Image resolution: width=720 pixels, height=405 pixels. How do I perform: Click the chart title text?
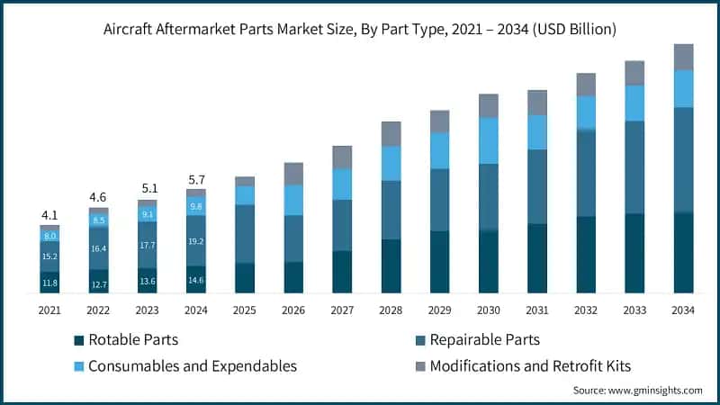click(360, 30)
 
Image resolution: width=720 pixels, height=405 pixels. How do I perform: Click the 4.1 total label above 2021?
click(49, 215)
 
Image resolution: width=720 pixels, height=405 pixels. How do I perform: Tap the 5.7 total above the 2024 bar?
click(195, 179)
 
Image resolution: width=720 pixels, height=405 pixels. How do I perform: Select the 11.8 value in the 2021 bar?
click(49, 283)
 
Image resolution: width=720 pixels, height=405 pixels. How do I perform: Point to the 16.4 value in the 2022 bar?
click(98, 248)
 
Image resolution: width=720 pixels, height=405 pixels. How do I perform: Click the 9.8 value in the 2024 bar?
click(195, 205)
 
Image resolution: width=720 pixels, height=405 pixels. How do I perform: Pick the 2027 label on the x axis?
click(341, 310)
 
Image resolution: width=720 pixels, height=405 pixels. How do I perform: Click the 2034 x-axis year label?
click(683, 310)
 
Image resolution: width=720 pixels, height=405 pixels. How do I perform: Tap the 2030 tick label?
click(488, 310)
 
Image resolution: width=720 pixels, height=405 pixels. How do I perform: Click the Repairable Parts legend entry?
click(484, 340)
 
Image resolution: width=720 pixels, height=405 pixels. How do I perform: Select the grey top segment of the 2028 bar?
click(391, 133)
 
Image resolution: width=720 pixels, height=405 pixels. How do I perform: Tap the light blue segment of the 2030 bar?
click(488, 140)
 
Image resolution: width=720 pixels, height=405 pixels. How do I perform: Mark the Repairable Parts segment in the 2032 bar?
click(586, 173)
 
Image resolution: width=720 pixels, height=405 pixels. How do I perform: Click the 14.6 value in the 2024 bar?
click(195, 280)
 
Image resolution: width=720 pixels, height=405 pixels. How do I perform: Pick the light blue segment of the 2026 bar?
click(293, 200)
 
